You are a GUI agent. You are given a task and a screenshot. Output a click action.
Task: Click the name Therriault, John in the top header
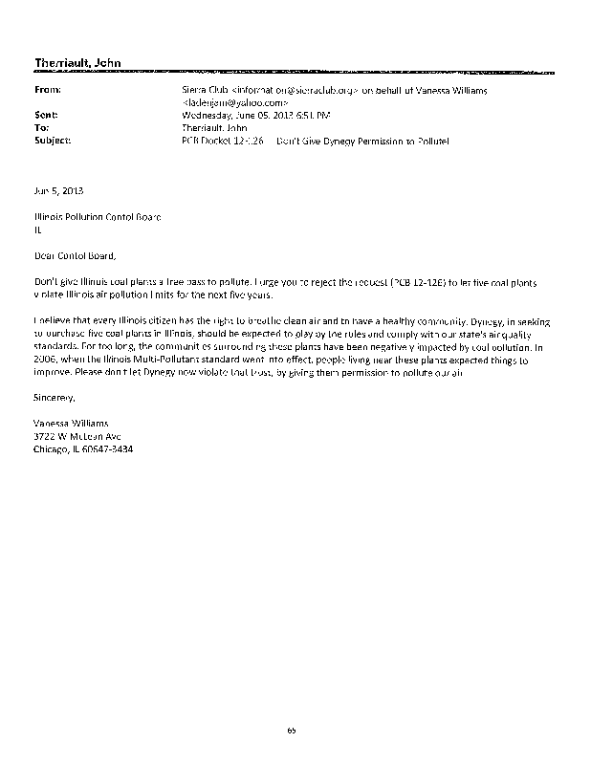(77, 65)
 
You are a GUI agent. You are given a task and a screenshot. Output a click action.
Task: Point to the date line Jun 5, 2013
(53, 190)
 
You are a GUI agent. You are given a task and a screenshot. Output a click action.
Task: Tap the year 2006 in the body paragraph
(44, 347)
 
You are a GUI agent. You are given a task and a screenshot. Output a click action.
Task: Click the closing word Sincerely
(54, 395)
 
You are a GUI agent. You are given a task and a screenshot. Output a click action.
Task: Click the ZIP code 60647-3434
(110, 448)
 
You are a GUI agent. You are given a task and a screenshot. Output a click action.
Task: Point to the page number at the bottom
(292, 731)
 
